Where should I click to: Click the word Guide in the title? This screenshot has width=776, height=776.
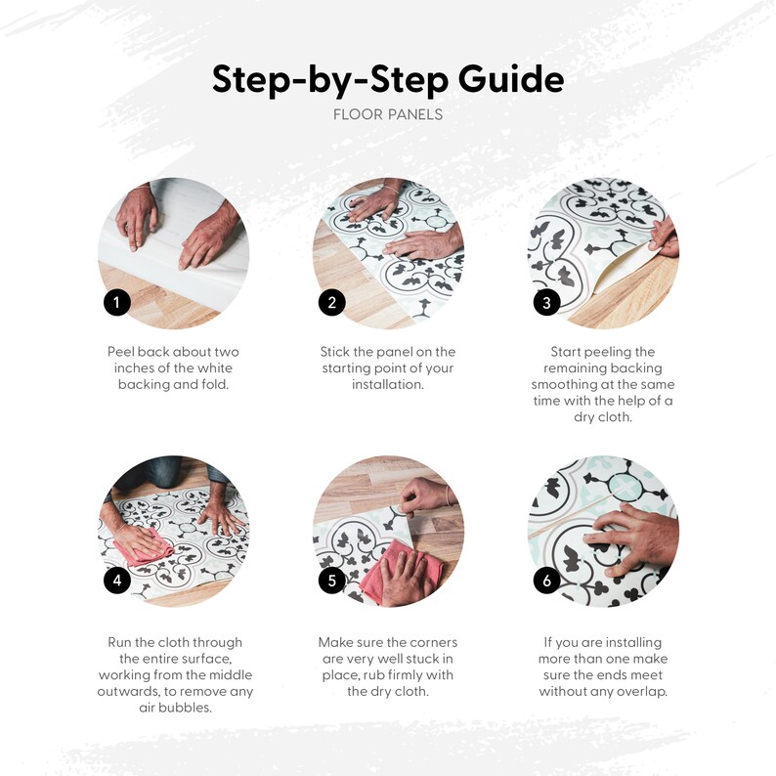coord(511,79)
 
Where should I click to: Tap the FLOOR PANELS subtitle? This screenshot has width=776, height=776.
coord(388,114)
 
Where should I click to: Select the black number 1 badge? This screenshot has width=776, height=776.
coord(117,302)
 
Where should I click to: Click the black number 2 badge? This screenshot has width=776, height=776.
coord(332,302)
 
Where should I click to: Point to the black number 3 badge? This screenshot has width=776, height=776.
coord(546,302)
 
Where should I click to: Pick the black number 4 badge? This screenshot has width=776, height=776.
coord(117,580)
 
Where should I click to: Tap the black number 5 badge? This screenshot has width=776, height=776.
coord(332,580)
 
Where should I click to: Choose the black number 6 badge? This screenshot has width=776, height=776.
coord(546,580)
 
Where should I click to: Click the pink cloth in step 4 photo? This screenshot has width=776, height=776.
coord(145,549)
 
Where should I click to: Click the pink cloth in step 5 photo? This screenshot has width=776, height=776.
coord(401,569)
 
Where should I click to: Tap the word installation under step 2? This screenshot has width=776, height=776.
coord(388,384)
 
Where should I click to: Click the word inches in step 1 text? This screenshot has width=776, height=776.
coord(134,368)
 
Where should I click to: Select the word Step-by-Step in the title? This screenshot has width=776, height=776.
coord(330,80)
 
